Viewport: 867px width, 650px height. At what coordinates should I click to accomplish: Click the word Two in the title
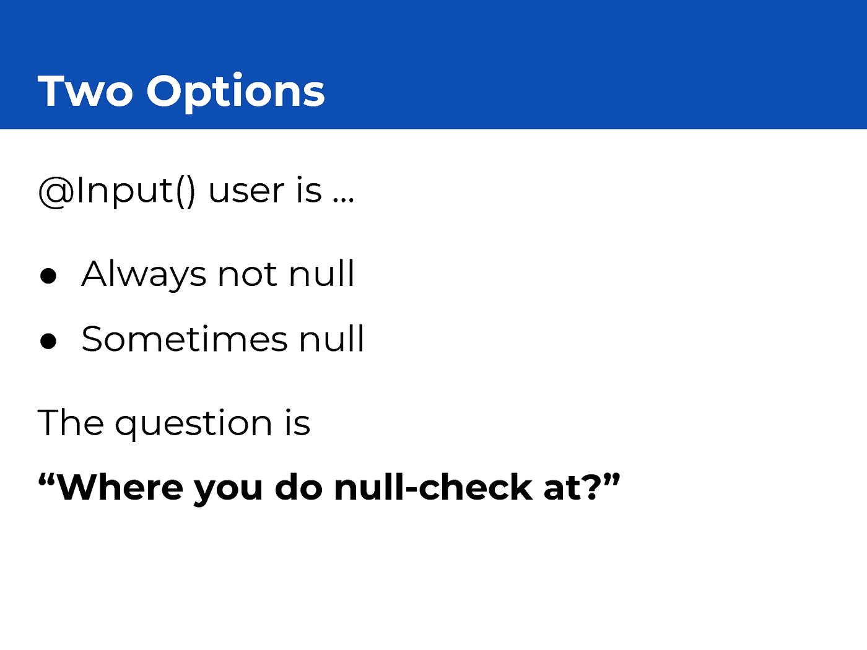[85, 91]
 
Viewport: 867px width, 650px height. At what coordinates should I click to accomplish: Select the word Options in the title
[236, 93]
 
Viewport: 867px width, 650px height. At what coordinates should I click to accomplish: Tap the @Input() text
[117, 192]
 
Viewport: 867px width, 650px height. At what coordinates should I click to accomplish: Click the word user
[246, 191]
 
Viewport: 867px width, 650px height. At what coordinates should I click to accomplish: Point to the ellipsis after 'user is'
[343, 200]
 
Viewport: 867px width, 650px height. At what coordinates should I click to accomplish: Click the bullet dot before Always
[48, 275]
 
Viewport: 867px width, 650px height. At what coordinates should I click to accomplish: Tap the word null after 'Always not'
[321, 273]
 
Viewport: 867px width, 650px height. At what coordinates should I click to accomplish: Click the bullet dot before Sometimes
[48, 340]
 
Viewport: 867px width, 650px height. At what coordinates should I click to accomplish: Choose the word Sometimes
[185, 338]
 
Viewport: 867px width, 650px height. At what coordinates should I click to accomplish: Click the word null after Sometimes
[331, 338]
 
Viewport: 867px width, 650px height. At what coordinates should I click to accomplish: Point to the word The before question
[71, 423]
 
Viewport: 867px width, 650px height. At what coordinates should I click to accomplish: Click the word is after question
[298, 422]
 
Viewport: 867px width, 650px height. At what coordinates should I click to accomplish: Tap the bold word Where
[120, 487]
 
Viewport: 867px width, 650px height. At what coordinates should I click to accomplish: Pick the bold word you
[229, 491]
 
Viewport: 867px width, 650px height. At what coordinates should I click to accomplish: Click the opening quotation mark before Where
[46, 480]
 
